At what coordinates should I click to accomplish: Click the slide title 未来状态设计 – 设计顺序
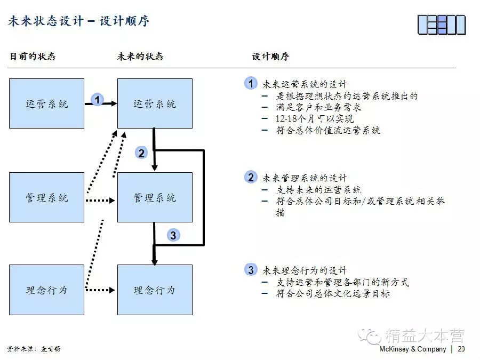(79, 21)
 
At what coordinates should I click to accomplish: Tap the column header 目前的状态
(33, 57)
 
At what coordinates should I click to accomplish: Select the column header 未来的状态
(140, 57)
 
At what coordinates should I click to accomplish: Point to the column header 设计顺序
(270, 57)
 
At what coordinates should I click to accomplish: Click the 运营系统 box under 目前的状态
(47, 103)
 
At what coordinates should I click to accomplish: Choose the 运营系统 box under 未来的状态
(155, 103)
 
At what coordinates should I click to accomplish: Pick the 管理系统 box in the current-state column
(47, 197)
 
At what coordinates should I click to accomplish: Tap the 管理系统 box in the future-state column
(155, 197)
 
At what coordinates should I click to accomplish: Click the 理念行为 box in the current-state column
(47, 290)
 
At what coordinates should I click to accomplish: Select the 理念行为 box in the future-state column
(155, 290)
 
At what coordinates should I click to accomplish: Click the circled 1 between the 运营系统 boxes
(97, 99)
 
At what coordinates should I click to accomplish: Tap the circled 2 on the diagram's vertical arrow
(141, 154)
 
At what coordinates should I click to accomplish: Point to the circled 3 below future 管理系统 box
(173, 235)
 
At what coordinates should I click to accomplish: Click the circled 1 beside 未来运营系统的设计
(251, 83)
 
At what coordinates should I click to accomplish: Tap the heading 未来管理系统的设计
(305, 178)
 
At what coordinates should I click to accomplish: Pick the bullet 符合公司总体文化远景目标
(333, 293)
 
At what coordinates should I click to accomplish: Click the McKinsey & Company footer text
(413, 349)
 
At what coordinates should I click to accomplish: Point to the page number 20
(461, 349)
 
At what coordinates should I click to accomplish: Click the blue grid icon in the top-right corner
(441, 25)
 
